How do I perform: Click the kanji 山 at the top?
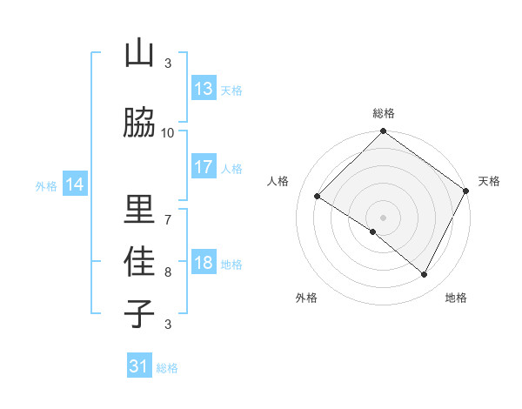pos(139,54)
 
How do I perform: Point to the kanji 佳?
pos(139,261)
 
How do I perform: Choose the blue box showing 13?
pos(204,89)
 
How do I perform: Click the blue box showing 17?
pos(204,167)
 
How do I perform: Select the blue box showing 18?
pos(204,263)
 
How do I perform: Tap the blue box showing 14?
pos(75,184)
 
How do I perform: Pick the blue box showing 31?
pos(139,366)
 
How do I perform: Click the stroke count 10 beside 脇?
pos(168,132)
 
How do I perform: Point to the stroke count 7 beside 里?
pos(168,218)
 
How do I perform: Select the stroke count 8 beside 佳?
pos(168,272)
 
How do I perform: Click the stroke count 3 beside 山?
pos(168,63)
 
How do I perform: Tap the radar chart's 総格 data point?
pos(383,132)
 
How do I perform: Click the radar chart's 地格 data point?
pos(425,274)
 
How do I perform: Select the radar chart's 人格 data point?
pos(318,196)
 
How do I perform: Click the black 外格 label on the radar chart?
pos(306,298)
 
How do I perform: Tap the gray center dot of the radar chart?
pos(383,217)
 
